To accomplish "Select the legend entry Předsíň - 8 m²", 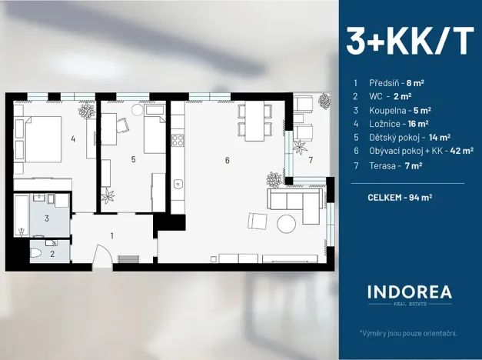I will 394,82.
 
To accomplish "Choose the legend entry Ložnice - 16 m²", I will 398,122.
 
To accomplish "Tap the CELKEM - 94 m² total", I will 400,197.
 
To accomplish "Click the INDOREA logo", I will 408,294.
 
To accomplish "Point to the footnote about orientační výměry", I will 408,333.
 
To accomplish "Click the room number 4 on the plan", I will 72,139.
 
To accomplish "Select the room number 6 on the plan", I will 227,160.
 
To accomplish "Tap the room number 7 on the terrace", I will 311,161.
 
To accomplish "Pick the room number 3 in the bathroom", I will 46,218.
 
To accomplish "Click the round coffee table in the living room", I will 286,224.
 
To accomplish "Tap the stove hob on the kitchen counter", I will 178,140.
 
